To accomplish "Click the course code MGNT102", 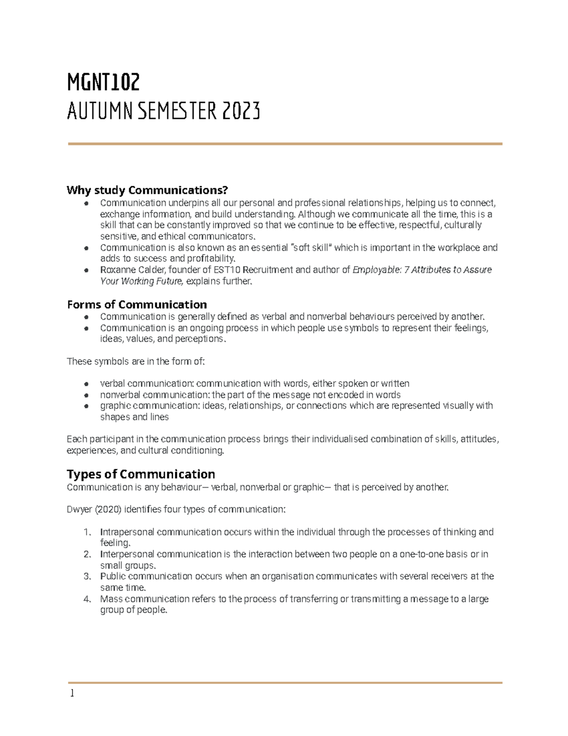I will [103, 83].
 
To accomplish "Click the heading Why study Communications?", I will [147, 190].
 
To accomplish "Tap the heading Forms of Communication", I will [137, 304].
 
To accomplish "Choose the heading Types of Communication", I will [141, 474].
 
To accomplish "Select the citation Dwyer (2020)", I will [94, 509].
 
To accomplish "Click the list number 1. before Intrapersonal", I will [87, 532].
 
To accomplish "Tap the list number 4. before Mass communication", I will [87, 599].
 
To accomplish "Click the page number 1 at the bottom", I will [72, 693].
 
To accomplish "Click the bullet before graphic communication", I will [86, 406].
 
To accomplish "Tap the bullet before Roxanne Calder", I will [86, 270].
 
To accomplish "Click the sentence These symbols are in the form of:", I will [136, 361].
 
